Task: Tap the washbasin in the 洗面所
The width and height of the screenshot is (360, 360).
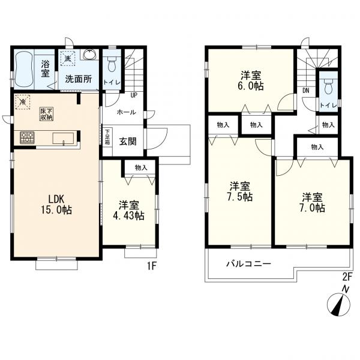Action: (90, 55)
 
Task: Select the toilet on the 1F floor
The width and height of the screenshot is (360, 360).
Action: (112, 64)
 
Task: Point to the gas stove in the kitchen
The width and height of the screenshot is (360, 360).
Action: (28, 137)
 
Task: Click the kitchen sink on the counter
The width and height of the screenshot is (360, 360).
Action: (63, 139)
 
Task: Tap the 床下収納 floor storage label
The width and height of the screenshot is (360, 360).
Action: (47, 114)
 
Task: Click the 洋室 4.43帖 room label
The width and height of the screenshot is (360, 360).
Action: (128, 211)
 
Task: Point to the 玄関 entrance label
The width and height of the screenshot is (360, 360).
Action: (128, 142)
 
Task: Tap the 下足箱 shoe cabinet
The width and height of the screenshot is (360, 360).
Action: (107, 138)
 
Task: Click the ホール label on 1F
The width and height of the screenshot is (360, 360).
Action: (126, 112)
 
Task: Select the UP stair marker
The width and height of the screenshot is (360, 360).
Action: (134, 95)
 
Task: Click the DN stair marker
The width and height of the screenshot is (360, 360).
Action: (305, 91)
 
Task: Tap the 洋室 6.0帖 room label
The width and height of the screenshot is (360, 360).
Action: (251, 80)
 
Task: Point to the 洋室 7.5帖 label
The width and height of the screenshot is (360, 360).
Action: (240, 192)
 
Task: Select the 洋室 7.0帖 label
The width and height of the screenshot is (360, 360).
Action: (312, 203)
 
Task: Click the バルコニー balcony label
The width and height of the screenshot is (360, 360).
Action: (248, 263)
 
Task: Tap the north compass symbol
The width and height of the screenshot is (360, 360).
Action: (338, 304)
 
